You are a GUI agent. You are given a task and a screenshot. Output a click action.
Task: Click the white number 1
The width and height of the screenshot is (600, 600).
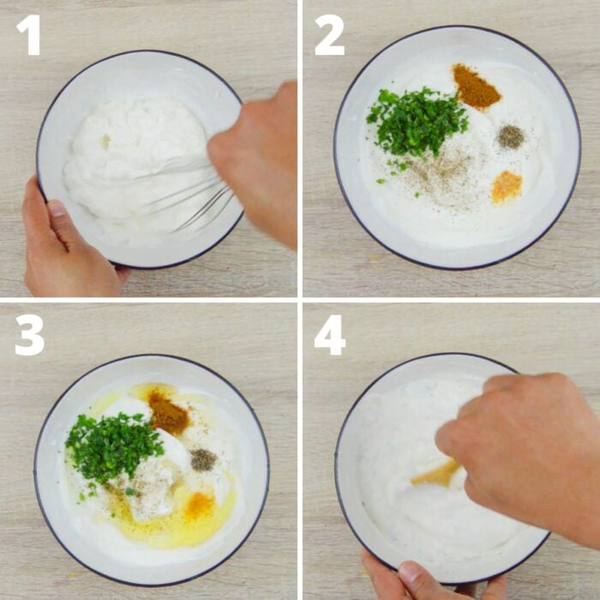coord(28,35)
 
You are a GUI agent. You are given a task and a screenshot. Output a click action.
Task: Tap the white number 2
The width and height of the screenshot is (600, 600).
coord(330,35)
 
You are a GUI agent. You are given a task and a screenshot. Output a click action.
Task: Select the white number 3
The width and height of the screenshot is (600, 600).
coord(29,335)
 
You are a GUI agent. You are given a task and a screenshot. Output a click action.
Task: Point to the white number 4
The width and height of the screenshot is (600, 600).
coord(330,335)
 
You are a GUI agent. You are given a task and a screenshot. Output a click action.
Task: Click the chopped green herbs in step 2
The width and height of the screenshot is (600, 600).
coord(417,123)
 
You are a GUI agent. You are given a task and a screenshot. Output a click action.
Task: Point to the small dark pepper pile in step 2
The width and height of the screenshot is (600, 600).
coord(511,136)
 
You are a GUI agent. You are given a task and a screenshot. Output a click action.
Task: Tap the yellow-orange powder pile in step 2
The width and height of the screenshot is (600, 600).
coord(507,186)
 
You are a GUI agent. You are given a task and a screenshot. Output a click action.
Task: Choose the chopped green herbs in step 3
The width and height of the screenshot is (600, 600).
coord(111,446)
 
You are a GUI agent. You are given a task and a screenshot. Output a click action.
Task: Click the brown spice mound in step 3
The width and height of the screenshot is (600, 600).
coord(168,413)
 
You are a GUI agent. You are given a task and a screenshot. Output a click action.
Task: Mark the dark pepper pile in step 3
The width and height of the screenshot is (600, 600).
coord(203,459)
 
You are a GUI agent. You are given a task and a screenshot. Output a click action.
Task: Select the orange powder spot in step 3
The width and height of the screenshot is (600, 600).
coord(199,505)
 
